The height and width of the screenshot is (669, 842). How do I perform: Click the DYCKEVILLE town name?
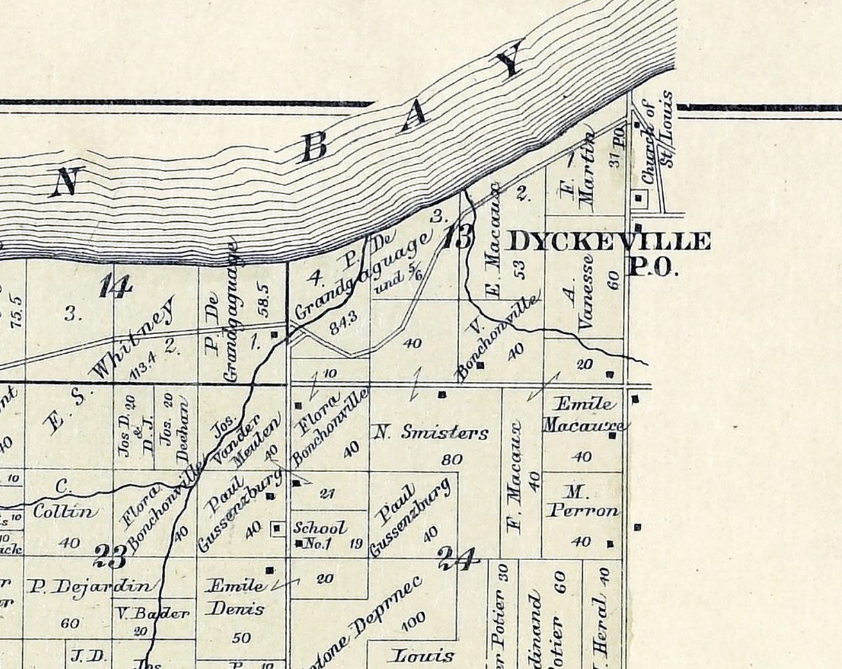[610, 242]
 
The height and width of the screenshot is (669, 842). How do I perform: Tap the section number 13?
[458, 238]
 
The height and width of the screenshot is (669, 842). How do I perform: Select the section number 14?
[115, 286]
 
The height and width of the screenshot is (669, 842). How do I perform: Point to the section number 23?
[111, 555]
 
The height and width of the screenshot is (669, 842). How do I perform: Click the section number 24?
[458, 558]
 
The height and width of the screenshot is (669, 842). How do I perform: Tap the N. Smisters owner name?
[431, 433]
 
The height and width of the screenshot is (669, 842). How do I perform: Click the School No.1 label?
[320, 535]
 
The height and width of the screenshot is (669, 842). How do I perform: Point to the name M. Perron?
[581, 502]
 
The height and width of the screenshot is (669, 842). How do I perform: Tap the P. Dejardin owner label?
[89, 587]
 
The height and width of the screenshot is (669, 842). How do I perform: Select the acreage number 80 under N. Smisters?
[452, 459]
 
